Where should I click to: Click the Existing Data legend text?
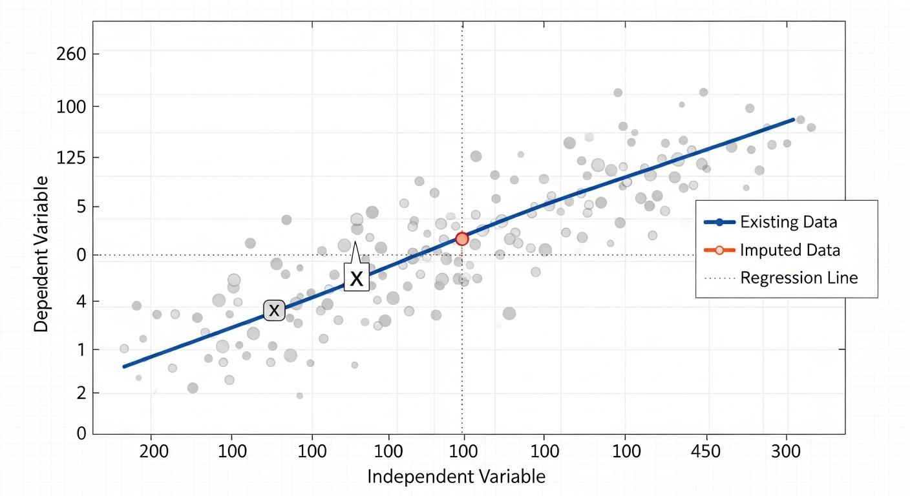(788, 223)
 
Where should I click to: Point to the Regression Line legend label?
(799, 278)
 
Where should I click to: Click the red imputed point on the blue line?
(461, 239)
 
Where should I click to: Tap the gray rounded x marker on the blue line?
(274, 310)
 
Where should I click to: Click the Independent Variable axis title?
(456, 477)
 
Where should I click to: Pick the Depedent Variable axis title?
(41, 253)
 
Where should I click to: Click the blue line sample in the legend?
(719, 223)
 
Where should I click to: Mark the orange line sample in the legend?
(719, 250)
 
